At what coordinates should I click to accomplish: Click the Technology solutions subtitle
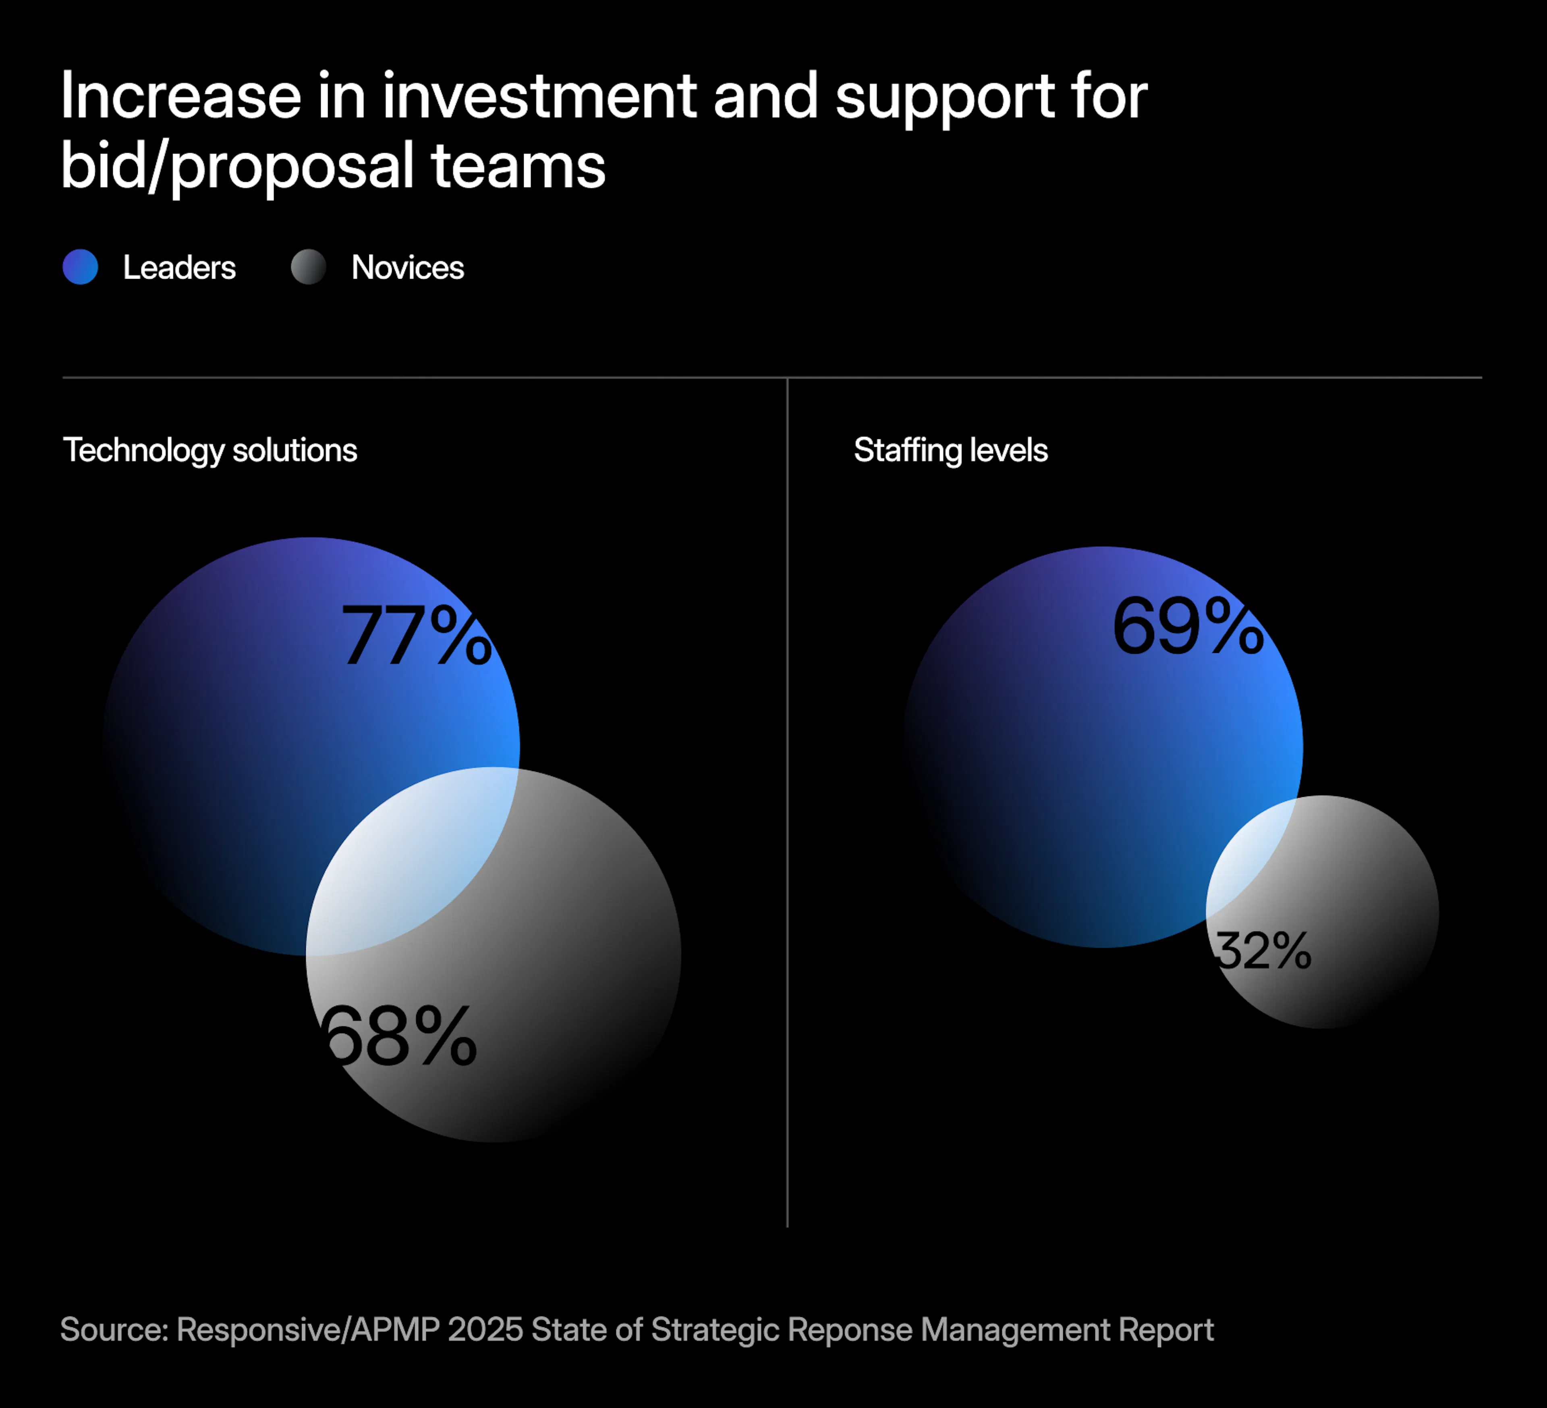(209, 450)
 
